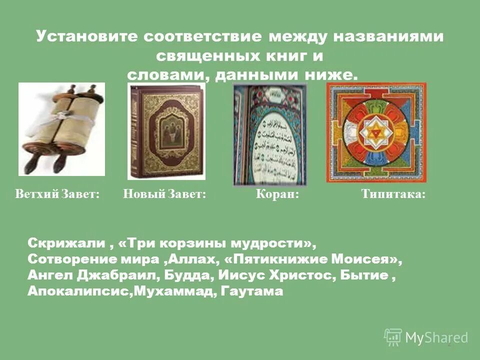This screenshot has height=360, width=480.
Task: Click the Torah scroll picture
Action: (x=61, y=129)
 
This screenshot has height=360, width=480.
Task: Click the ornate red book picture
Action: (x=166, y=131)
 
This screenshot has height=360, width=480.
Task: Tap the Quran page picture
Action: (x=270, y=134)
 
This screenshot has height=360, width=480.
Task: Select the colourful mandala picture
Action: (x=376, y=132)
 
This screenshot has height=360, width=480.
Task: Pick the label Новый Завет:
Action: (x=165, y=194)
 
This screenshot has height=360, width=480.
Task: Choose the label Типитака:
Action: (x=393, y=194)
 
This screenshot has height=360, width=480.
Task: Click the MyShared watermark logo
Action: (x=426, y=337)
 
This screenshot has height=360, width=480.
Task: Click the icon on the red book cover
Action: (x=167, y=131)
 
